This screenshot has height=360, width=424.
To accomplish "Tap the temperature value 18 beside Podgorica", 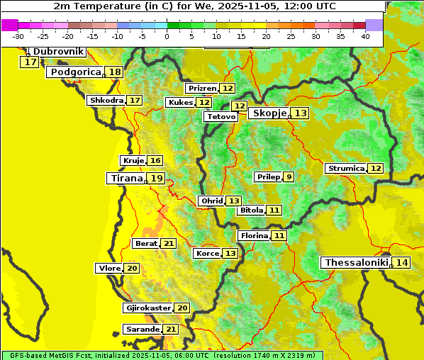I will [114, 72].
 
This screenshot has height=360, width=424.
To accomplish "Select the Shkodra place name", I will [106, 101].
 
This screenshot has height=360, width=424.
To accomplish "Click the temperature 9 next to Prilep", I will [289, 176].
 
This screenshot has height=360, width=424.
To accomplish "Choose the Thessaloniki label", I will [357, 263].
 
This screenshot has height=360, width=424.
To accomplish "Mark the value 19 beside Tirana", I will [157, 179].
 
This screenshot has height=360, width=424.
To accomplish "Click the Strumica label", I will [346, 169].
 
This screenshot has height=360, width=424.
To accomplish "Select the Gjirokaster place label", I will [147, 308].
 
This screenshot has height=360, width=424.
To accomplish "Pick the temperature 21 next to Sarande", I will [170, 330].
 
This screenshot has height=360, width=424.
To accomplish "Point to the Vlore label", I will [109, 269].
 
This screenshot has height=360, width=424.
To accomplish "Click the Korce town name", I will [207, 254].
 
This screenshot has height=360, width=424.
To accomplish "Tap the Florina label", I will [254, 235].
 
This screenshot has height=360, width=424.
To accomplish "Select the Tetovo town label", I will [221, 116].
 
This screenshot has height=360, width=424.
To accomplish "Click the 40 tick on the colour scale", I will [365, 36].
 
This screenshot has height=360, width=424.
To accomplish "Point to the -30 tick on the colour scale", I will [18, 36].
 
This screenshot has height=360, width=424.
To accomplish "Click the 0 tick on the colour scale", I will [167, 36].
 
